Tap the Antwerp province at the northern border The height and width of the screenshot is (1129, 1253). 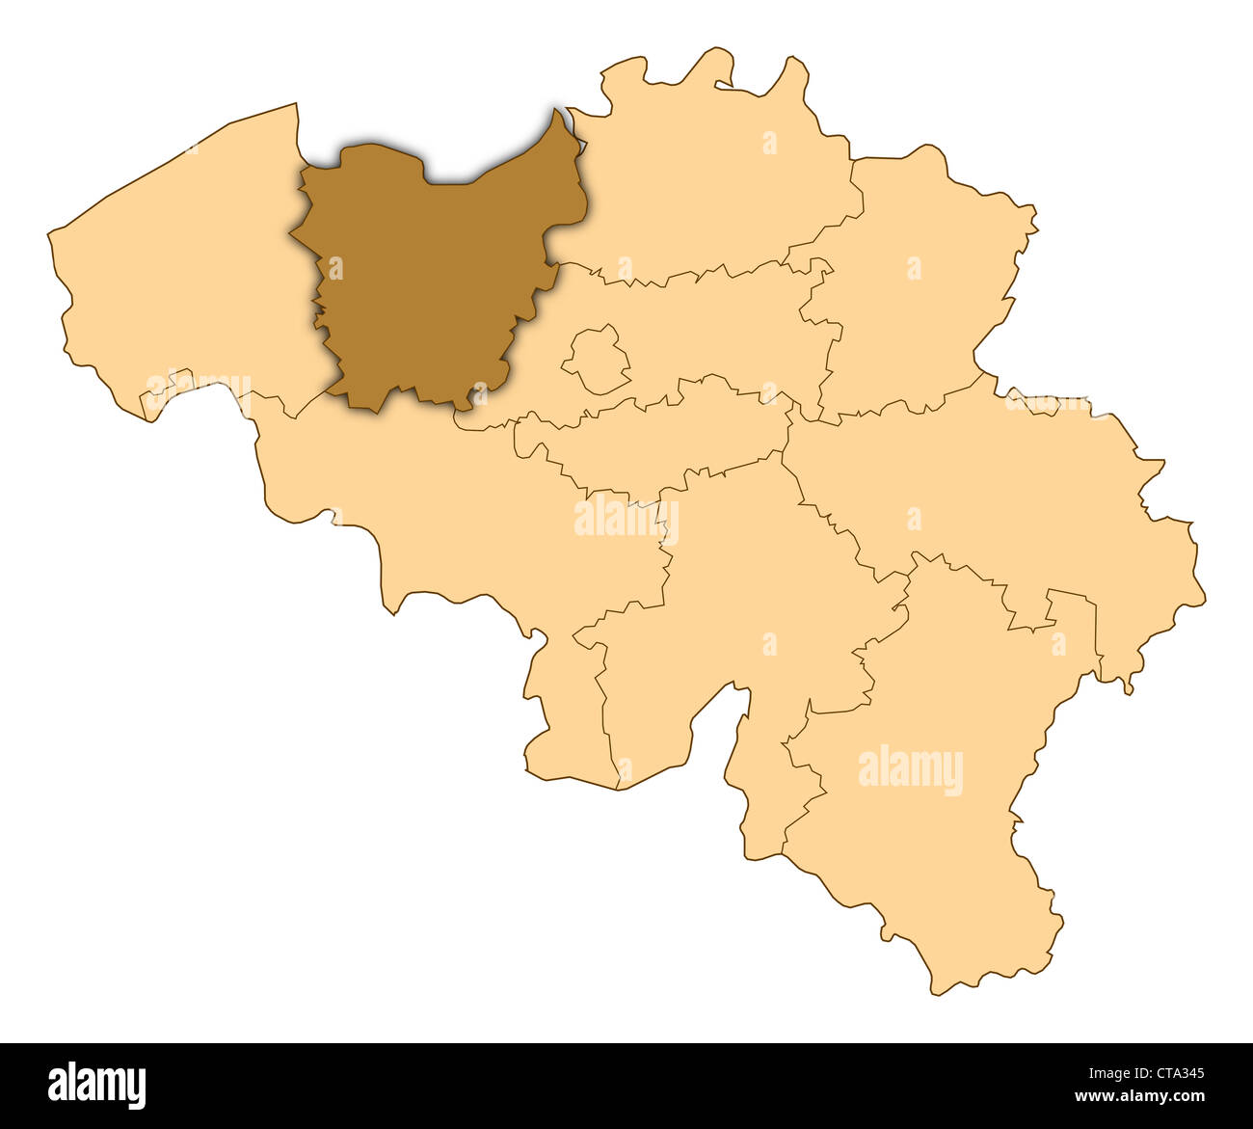point(713,193)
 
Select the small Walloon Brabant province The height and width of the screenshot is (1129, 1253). point(655,444)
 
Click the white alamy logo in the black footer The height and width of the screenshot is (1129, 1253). point(97,1086)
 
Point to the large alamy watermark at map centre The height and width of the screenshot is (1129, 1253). point(626,520)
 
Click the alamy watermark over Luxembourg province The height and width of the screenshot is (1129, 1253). point(910,770)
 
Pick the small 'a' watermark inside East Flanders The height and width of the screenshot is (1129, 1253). point(335,267)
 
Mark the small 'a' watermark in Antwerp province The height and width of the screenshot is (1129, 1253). point(769,143)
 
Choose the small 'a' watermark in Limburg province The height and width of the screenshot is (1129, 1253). point(913,267)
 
